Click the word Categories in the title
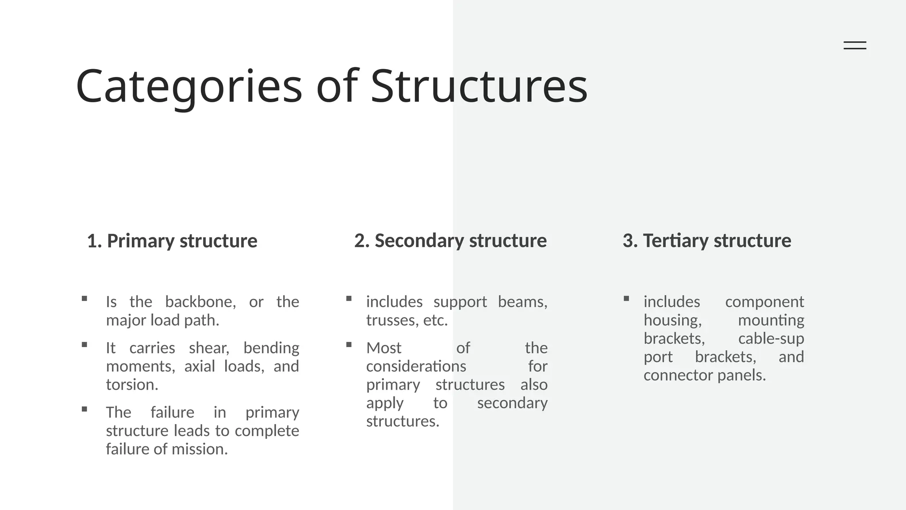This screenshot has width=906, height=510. click(x=189, y=86)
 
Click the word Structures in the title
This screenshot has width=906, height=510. click(x=479, y=86)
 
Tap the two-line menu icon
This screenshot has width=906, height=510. click(x=855, y=45)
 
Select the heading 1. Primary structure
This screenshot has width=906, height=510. click(x=172, y=241)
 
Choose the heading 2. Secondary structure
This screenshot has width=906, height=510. click(x=450, y=241)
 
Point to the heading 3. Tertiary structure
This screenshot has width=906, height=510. click(x=706, y=241)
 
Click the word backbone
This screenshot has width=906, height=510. click(x=200, y=302)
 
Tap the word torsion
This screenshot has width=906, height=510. click(x=132, y=385)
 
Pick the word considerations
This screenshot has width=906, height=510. click(x=416, y=367)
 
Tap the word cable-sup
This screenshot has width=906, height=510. click(x=771, y=339)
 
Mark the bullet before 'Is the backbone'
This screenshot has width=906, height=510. click(x=84, y=299)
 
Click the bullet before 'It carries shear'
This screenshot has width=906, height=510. click(x=84, y=345)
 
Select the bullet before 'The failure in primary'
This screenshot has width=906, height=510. click(x=84, y=410)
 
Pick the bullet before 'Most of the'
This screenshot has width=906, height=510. click(x=349, y=345)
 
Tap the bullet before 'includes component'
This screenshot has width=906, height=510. click(x=626, y=299)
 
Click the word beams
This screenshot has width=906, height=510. click(x=522, y=302)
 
